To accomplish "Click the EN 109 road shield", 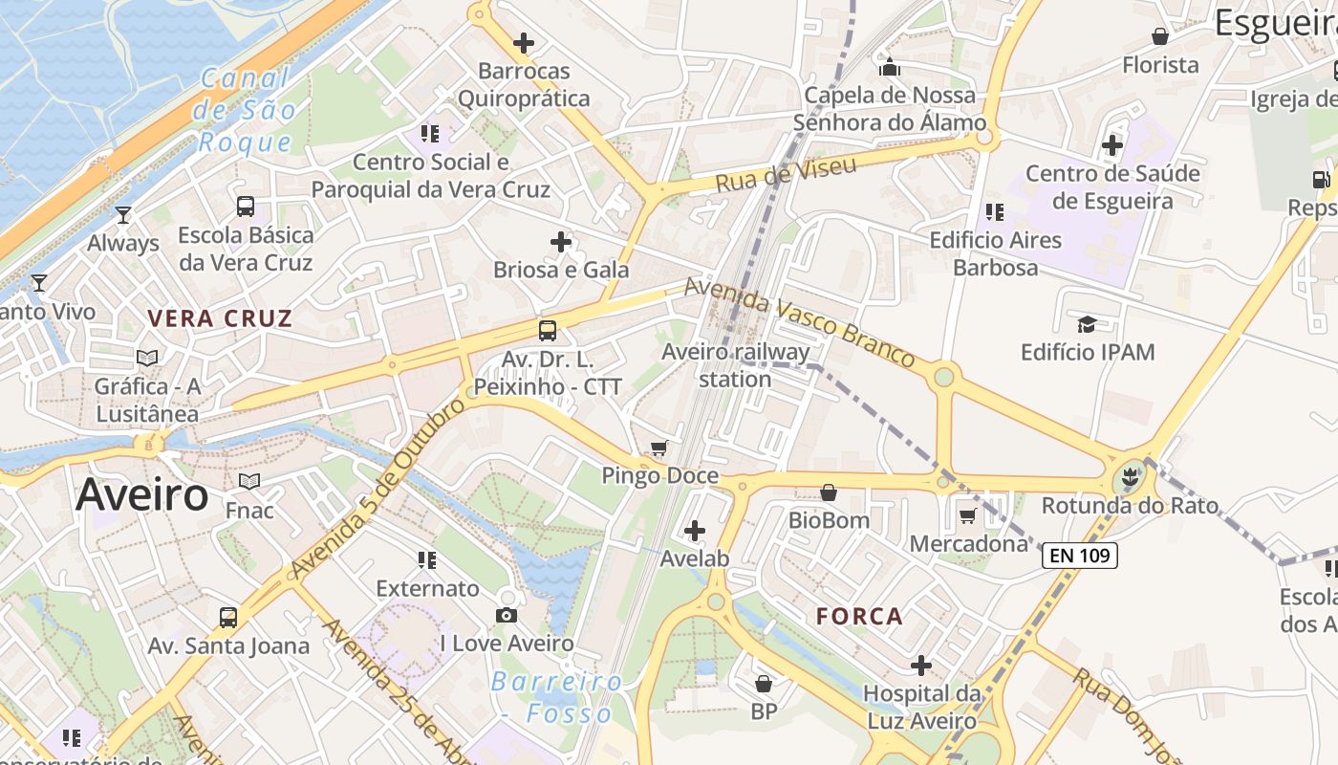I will (1079, 555).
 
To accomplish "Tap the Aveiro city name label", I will (141, 495).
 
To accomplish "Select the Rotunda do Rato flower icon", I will (1131, 475).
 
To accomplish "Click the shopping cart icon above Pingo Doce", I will (658, 448).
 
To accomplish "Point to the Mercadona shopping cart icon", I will (967, 516).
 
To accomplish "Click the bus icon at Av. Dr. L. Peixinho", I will (547, 331).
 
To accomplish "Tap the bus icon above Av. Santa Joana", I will (227, 617).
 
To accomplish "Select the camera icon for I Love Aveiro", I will (507, 615).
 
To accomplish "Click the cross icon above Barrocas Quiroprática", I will (524, 43).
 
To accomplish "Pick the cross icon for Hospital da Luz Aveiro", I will (921, 666).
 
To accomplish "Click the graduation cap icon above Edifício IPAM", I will (1087, 323).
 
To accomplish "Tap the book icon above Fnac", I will (249, 481).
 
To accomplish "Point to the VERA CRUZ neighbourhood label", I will (220, 318).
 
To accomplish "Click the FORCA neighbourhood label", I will (860, 617).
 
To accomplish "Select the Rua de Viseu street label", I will (786, 174).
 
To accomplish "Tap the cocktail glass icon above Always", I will (122, 214).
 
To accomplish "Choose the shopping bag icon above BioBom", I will (829, 492).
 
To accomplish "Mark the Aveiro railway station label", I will (735, 364).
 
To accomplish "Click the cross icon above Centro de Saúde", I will (1112, 145).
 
